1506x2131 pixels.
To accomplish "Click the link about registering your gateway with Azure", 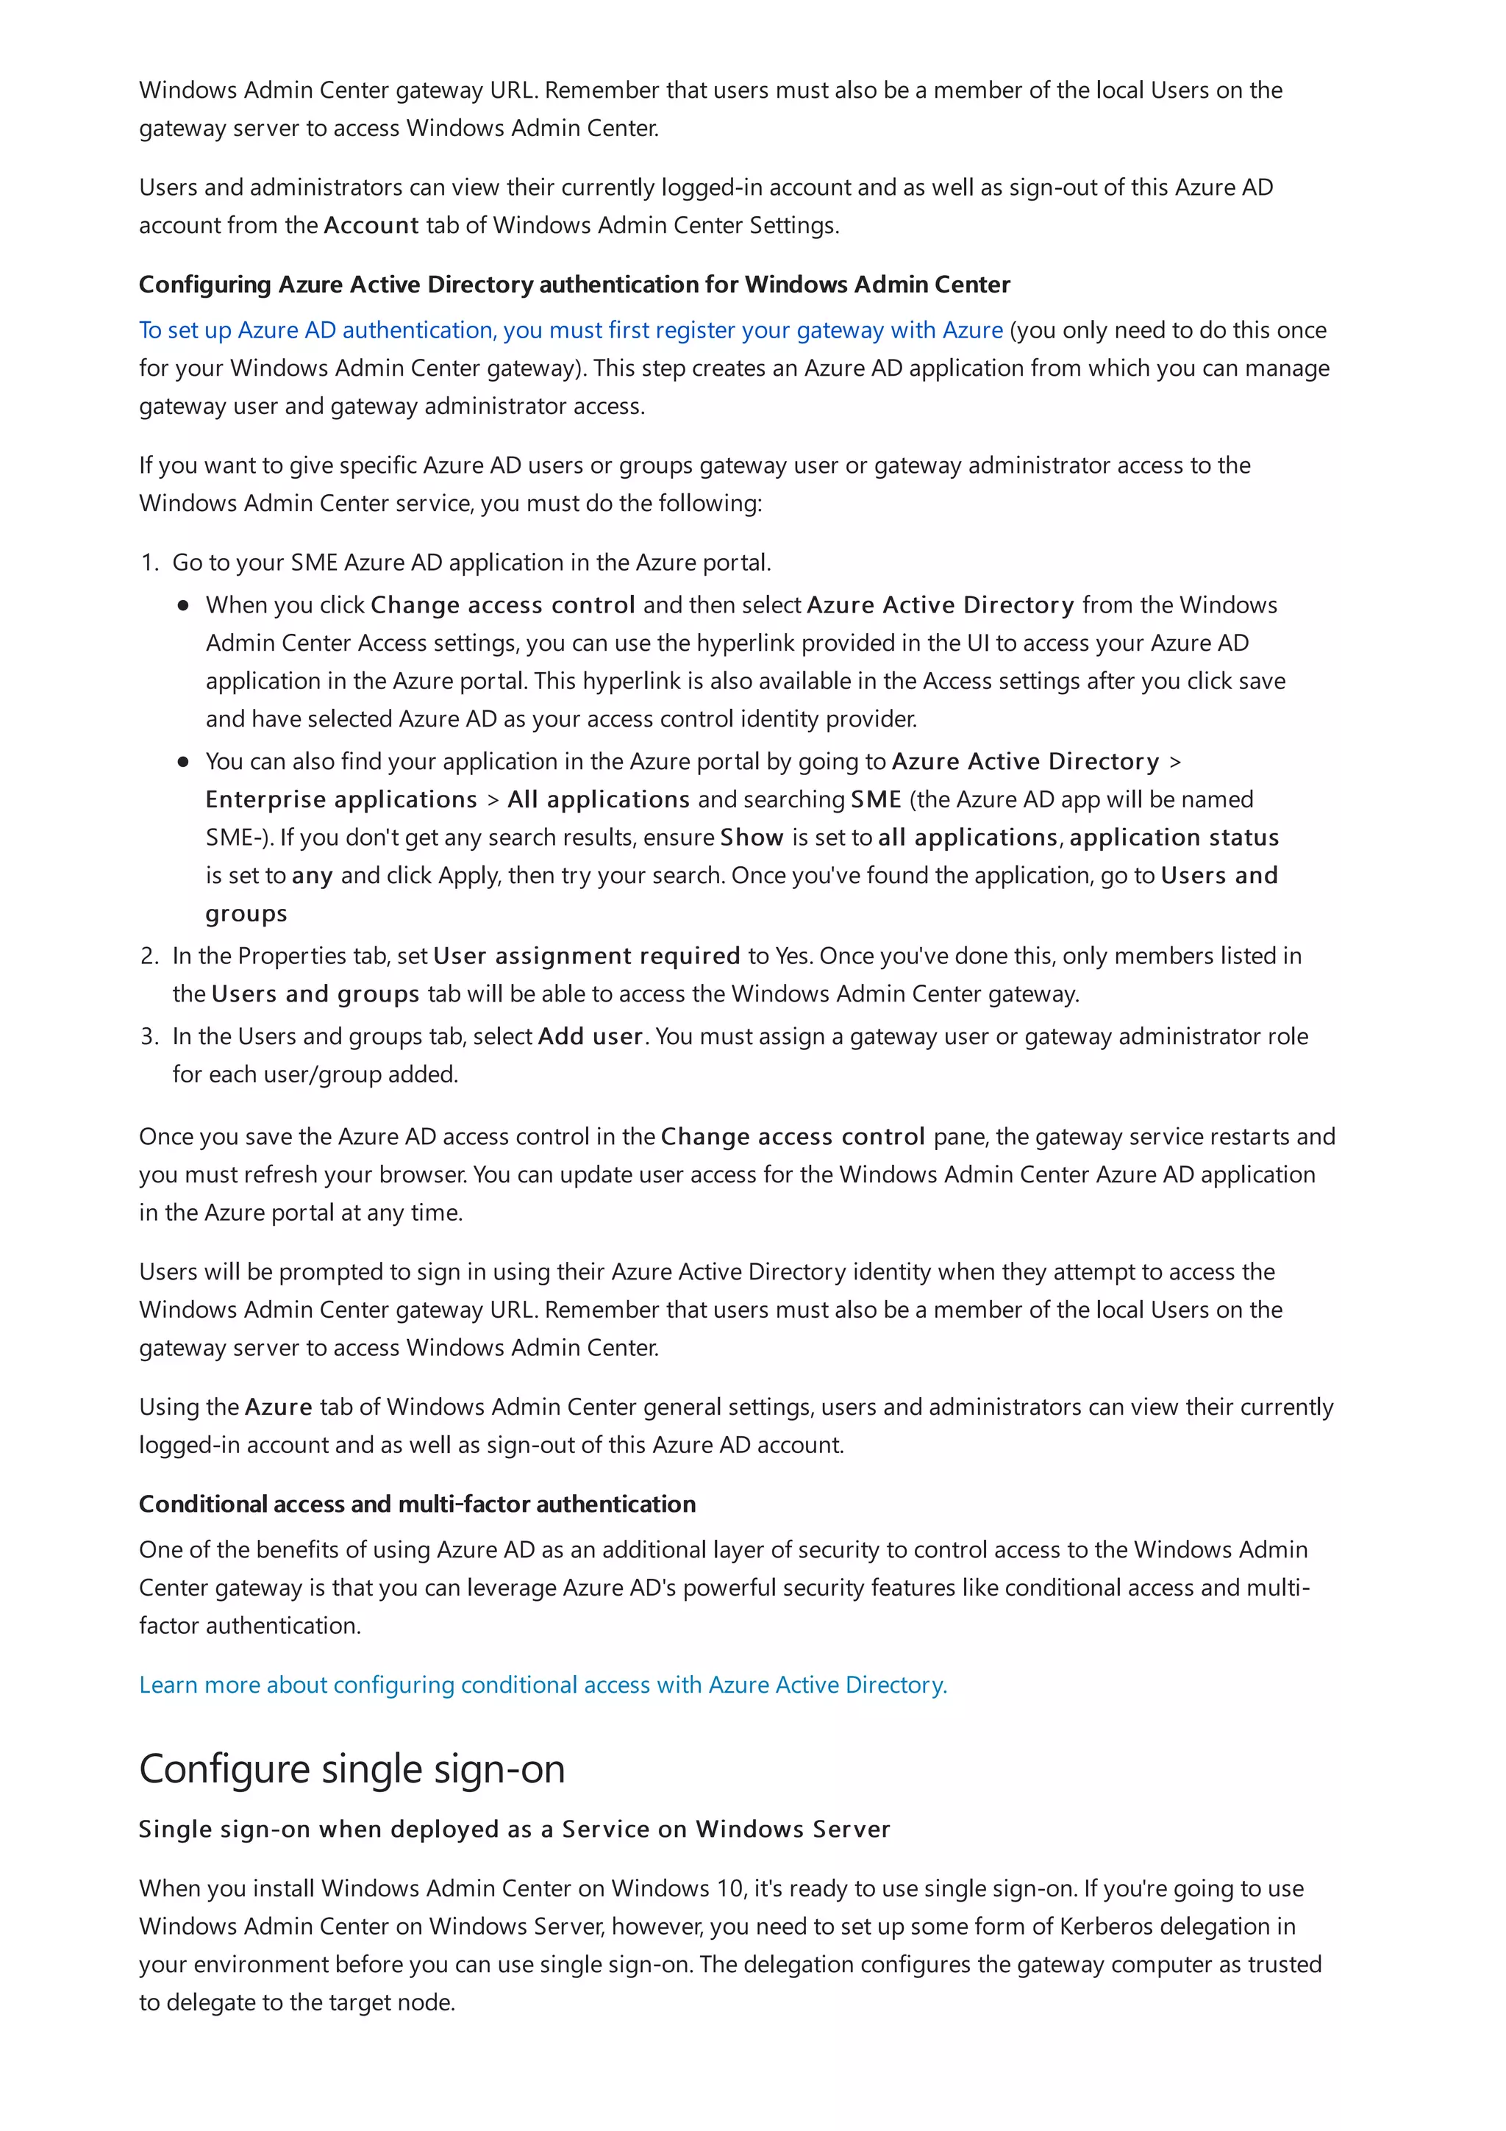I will tap(571, 330).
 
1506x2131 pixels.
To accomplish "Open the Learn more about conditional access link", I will tap(543, 1685).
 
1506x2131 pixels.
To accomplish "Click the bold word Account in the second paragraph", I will tap(371, 226).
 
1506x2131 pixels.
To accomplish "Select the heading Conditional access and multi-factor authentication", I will tap(417, 1504).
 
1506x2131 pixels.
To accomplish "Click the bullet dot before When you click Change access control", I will tap(184, 605).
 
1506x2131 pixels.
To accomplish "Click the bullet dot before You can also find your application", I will tap(184, 762).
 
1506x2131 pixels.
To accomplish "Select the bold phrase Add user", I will tap(590, 1037).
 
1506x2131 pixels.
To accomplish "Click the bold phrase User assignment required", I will tap(586, 956).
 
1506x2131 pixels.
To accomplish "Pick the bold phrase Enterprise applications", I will tap(341, 800).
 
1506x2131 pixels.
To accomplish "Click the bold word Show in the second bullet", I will tap(752, 838).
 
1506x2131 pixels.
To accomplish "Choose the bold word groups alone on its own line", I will tap(246, 914).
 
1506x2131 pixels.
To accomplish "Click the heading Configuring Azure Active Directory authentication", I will tap(574, 285).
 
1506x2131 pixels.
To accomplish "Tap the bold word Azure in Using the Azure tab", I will tap(279, 1407).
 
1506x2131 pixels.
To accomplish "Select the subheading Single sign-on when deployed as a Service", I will tap(514, 1830).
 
